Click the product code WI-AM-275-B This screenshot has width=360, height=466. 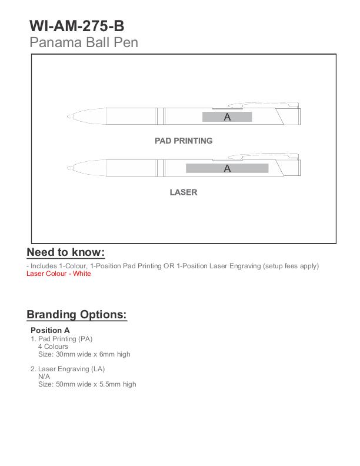pyautogui.click(x=77, y=26)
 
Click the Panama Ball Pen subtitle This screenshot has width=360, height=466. pyautogui.click(x=84, y=42)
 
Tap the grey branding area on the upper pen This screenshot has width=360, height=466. pyautogui.click(x=227, y=116)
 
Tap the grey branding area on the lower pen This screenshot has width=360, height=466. pyautogui.click(x=227, y=168)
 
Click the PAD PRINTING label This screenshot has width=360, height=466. pyautogui.click(x=184, y=141)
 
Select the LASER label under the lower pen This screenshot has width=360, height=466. pyautogui.click(x=184, y=192)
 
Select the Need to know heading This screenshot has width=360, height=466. pyautogui.click(x=66, y=253)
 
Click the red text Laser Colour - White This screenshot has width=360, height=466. pyautogui.click(x=59, y=274)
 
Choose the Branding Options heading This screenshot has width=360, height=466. pyautogui.click(x=76, y=315)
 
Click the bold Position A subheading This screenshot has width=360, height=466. pyautogui.click(x=50, y=331)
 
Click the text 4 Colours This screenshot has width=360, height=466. pyautogui.click(x=53, y=347)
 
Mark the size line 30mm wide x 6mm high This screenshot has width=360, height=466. pyautogui.click(x=84, y=354)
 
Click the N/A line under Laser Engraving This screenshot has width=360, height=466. pyautogui.click(x=44, y=377)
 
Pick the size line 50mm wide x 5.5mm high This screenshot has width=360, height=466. pyautogui.click(x=87, y=384)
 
